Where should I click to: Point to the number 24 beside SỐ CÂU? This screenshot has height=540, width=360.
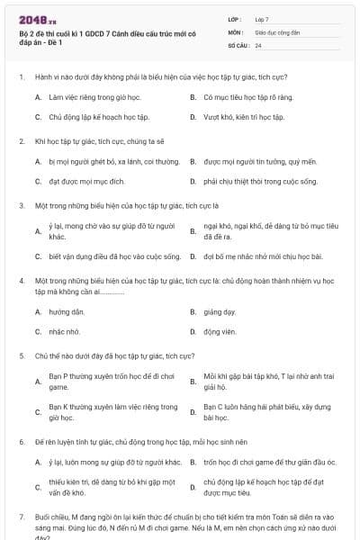coord(258,45)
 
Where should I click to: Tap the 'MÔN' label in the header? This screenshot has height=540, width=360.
coord(235,31)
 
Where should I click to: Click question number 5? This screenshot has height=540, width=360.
coord(22,355)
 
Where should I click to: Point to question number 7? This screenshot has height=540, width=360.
coord(22,517)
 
